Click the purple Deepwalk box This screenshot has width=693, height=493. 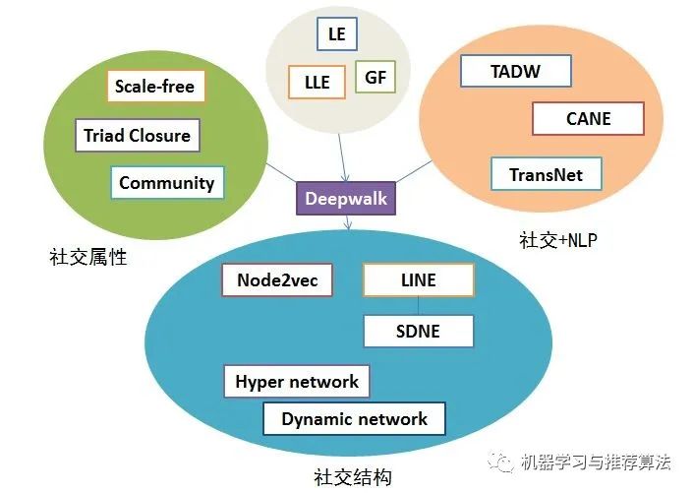346,199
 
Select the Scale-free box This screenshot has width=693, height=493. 154,87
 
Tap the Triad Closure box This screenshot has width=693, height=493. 138,136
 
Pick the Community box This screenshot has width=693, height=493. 167,183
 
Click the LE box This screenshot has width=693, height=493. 337,33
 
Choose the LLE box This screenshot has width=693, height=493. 317,81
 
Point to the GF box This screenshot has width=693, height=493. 375,77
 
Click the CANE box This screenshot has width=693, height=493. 588,118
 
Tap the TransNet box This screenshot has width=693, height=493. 546,175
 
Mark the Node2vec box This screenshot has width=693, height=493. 277,280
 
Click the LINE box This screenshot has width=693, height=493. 418,280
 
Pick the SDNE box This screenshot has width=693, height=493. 418,332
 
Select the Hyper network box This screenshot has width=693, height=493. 297,382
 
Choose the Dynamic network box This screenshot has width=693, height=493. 354,419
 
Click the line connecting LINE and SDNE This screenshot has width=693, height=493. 418,306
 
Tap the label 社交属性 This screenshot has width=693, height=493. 88,258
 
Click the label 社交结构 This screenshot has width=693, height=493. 354,476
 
